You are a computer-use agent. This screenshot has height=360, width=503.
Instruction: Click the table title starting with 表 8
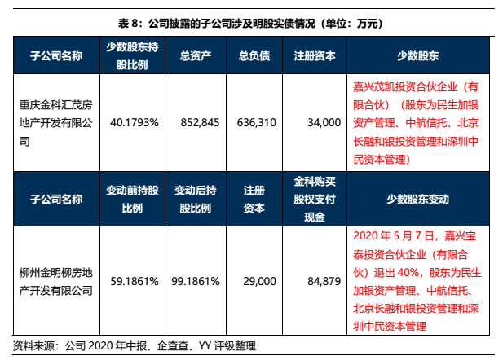coord(251,24)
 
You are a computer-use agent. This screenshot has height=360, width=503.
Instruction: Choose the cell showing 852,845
coord(199,122)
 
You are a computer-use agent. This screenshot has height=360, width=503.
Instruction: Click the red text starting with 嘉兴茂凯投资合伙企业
coord(417,122)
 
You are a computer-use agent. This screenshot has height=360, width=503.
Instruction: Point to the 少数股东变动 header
coord(417,198)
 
